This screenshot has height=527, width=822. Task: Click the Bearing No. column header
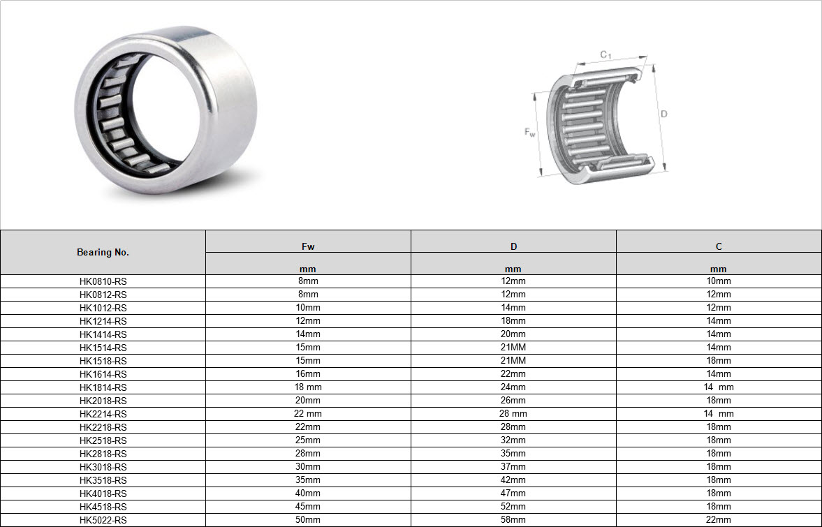103,252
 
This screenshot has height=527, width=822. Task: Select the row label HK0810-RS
103,281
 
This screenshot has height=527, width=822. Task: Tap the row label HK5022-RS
103,520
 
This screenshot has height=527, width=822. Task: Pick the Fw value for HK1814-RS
308,387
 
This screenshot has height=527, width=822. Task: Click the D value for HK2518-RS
513,440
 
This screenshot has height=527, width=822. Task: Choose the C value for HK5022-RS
719,519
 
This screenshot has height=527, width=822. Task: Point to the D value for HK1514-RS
513,348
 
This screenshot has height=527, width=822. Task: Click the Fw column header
308,246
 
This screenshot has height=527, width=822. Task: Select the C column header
719,246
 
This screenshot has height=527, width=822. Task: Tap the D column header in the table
514,246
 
